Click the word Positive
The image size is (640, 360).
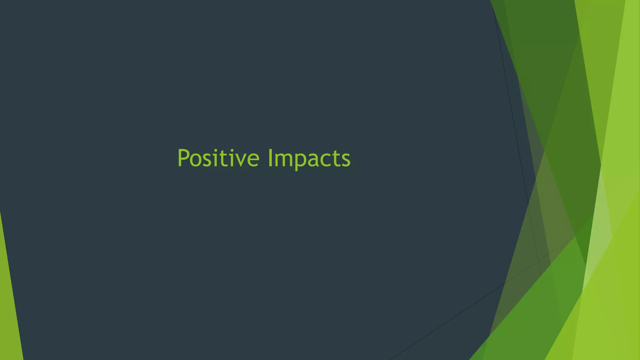(x=218, y=158)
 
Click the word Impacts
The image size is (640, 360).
(x=309, y=159)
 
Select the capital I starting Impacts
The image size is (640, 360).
(x=270, y=158)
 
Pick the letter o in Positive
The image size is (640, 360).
(x=196, y=160)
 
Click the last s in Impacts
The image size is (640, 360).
(x=345, y=160)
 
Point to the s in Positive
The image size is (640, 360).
(x=208, y=160)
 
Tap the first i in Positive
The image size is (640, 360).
(x=215, y=158)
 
